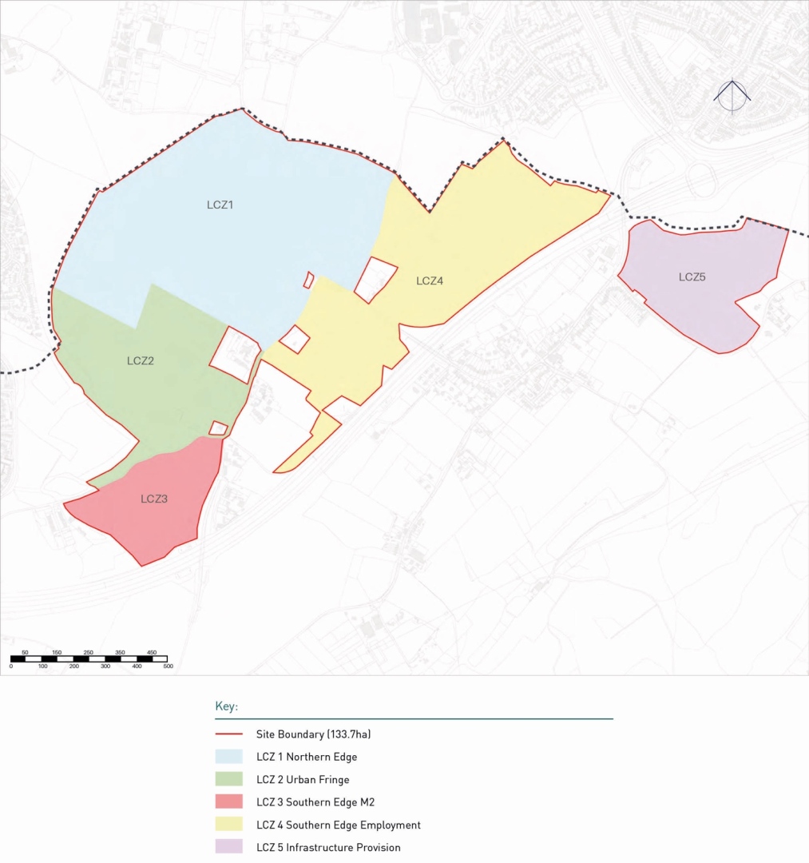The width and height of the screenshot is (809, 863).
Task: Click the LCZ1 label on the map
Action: tap(219, 205)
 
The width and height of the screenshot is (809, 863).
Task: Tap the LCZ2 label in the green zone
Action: tap(141, 360)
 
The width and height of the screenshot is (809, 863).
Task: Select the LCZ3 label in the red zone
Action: tap(154, 499)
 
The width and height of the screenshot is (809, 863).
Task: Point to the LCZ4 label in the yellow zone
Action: tap(430, 281)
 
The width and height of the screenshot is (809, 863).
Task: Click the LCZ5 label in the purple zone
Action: tap(692, 277)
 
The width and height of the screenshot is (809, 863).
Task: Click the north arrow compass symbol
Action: tap(732, 97)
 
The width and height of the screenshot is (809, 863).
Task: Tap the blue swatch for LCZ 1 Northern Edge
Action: tap(228, 757)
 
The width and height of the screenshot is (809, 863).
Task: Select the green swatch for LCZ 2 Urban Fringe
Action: tap(228, 779)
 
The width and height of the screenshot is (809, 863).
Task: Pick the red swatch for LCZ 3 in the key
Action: tap(228, 802)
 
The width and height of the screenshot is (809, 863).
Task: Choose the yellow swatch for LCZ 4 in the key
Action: tap(228, 825)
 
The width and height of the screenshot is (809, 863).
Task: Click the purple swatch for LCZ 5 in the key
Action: tap(228, 847)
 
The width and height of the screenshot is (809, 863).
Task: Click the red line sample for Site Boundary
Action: tap(228, 734)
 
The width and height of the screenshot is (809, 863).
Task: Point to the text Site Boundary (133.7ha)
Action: tap(313, 734)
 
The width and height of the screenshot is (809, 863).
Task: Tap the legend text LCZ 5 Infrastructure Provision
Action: tap(328, 847)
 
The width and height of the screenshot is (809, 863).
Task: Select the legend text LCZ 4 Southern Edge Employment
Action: tap(338, 825)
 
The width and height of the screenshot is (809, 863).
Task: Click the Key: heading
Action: tap(227, 707)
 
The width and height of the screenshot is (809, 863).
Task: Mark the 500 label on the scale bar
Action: tap(168, 666)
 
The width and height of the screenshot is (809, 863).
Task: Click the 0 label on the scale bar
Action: tap(11, 666)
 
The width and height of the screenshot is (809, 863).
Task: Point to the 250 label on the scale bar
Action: tap(89, 653)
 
